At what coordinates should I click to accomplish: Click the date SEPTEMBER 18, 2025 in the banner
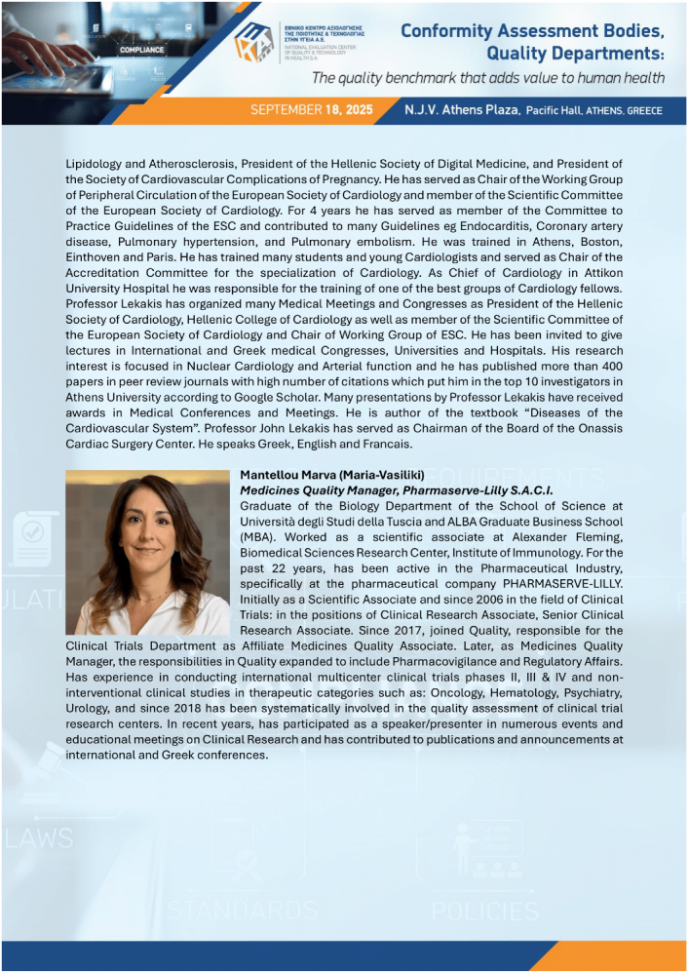(312, 110)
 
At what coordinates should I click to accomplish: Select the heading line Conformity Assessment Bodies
(532, 30)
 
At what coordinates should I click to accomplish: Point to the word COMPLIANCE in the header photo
(140, 47)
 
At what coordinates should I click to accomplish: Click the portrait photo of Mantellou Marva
(147, 552)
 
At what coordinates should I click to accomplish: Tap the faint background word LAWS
(39, 838)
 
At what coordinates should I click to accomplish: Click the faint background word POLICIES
(484, 912)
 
